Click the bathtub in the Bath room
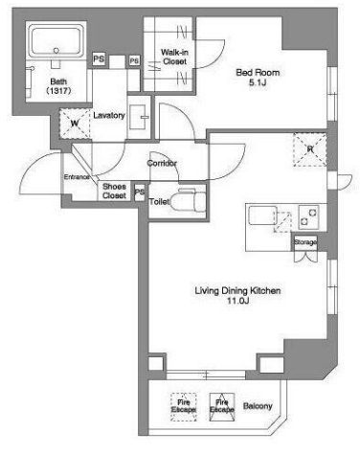[56, 40]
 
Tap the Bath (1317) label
[58, 86]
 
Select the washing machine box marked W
[75, 124]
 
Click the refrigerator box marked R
[309, 149]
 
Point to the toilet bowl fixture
[189, 200]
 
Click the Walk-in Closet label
[174, 57]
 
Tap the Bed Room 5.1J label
[258, 78]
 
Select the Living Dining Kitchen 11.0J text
[237, 295]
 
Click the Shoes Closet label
[114, 191]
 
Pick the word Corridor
[162, 163]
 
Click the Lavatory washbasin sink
[139, 117]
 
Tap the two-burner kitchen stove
[308, 217]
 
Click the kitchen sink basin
[263, 216]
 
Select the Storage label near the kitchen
[305, 242]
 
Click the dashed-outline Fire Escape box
[184, 406]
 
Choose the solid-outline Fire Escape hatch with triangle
[222, 406]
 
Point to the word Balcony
[258, 406]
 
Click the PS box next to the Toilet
[139, 193]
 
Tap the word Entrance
[77, 177]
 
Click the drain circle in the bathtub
[56, 51]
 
